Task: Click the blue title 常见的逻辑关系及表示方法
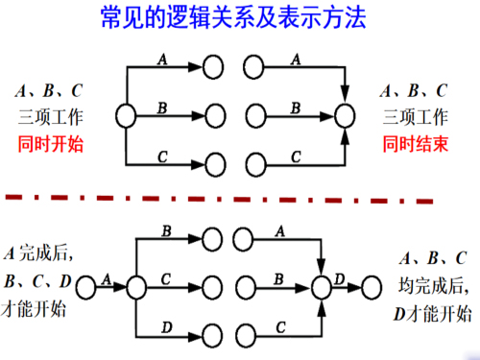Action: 239,18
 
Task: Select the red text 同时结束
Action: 415,144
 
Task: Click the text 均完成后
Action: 433,285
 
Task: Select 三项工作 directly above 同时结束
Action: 415,118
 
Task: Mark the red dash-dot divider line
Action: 240,198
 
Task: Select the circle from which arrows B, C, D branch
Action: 134,286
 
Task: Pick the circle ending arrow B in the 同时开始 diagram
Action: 216,116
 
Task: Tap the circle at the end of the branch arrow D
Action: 216,332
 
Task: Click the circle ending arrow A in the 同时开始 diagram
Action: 216,69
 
